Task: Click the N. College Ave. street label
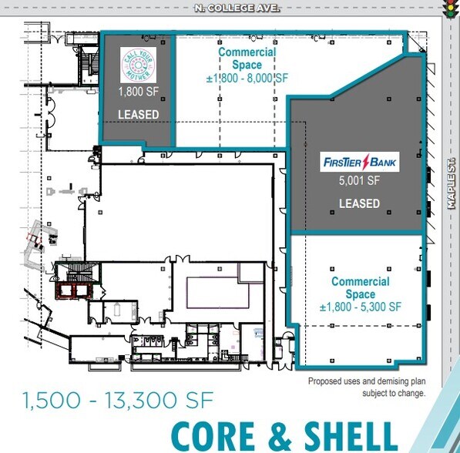pos(237,8)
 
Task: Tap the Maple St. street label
pos(452,183)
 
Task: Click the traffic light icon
pos(449,9)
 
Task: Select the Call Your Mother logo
pos(138,65)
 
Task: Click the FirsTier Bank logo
pos(360,162)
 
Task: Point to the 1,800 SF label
pos(139,92)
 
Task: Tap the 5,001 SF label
pos(359,180)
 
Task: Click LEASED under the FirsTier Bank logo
pos(359,203)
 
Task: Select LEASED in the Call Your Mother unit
pos(139,115)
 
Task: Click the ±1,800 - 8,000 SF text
pos(247,79)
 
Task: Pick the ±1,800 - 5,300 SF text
pos(361,307)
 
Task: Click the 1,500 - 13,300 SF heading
pos(118,400)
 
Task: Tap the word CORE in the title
pos(213,436)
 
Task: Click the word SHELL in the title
pos(351,436)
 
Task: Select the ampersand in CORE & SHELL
pos(280,436)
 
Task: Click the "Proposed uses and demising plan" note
pos(367,381)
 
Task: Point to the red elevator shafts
pos(76,290)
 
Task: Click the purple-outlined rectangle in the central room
pos(218,293)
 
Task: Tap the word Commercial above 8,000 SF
pos(247,52)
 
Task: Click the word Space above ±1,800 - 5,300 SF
pos(361,294)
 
